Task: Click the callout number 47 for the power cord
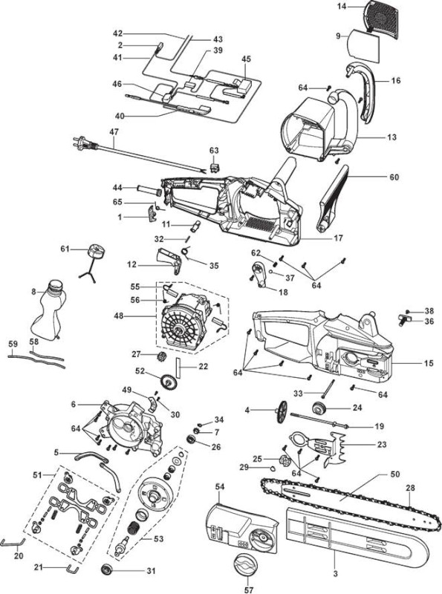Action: (x=114, y=131)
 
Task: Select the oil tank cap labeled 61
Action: (x=95, y=252)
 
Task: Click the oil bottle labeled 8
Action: (x=48, y=310)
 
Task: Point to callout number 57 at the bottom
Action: (x=248, y=590)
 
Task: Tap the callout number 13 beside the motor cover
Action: (x=392, y=137)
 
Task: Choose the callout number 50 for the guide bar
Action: (x=395, y=474)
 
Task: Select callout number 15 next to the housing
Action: (x=429, y=363)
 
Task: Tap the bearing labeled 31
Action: (x=107, y=569)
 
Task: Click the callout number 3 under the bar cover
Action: (x=336, y=573)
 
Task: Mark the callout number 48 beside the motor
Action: (x=119, y=315)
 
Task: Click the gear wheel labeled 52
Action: (x=169, y=381)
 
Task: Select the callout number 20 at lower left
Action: (x=19, y=555)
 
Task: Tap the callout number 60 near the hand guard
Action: (x=394, y=177)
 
